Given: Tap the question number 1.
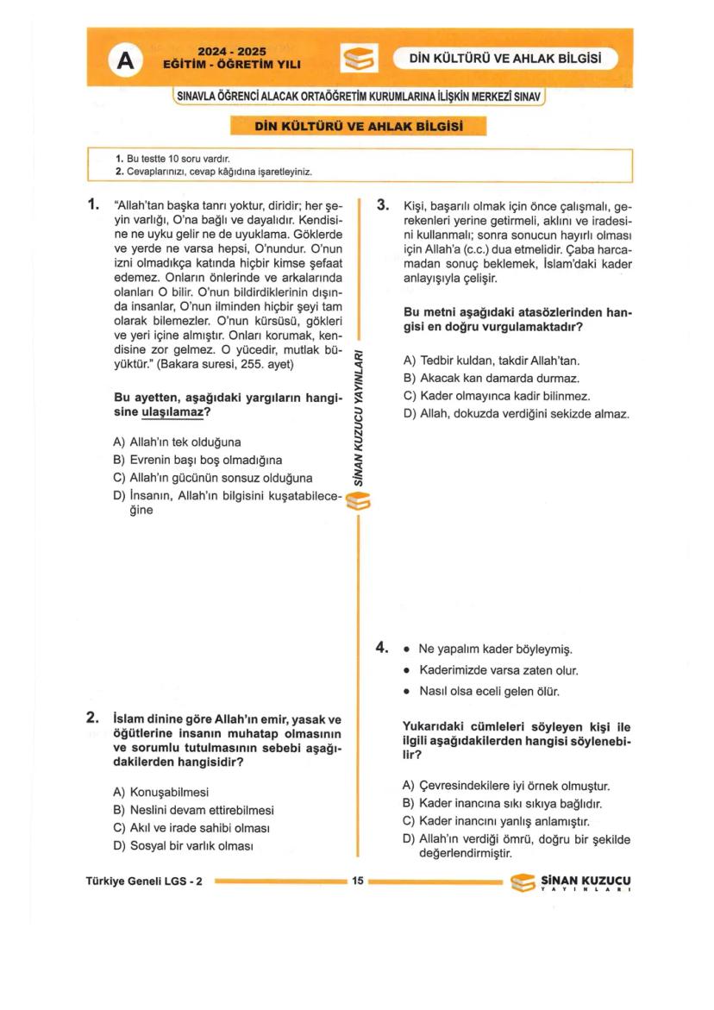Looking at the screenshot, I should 94,205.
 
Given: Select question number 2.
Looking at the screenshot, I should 92,718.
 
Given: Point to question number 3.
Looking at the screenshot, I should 383,205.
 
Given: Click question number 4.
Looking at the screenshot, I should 382,647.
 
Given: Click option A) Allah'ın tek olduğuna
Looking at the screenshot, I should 177,442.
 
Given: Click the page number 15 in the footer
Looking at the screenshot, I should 358,881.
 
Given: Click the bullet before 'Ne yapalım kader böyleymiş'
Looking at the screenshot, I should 406,649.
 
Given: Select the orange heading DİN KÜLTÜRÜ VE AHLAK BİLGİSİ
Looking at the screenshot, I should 359,127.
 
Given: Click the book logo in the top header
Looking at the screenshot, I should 358,60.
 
